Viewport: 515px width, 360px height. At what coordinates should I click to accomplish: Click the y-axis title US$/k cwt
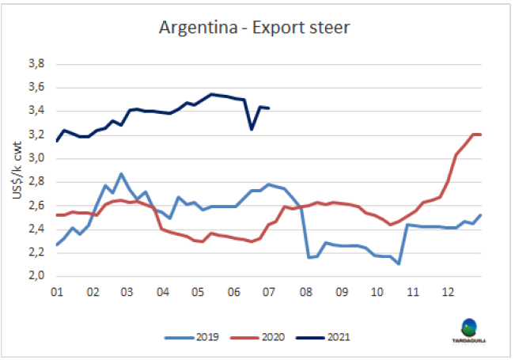[x=17, y=169]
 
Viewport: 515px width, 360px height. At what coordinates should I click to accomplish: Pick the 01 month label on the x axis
[x=56, y=291]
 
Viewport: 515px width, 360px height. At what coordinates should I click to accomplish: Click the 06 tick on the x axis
[x=233, y=291]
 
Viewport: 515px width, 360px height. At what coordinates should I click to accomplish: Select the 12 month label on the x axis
[x=448, y=291]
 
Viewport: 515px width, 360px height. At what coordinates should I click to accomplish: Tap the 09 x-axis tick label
[x=341, y=291]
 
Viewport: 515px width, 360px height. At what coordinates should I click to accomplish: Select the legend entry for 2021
[x=324, y=337]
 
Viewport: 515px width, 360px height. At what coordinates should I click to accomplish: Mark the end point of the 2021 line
[x=270, y=108]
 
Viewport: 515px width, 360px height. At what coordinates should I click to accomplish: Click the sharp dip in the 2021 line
[x=252, y=128]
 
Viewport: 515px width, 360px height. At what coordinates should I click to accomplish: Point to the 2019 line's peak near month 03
[x=121, y=173]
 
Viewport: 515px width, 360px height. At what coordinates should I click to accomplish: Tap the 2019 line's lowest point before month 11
[x=399, y=263]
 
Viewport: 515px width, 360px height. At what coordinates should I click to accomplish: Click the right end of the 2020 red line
[x=482, y=135]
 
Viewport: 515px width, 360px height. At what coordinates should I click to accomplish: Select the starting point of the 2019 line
[x=56, y=244]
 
